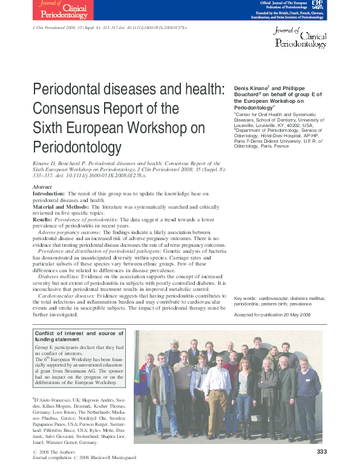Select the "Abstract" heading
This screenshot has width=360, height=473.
tap(42, 187)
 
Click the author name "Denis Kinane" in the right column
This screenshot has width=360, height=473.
tap(251, 88)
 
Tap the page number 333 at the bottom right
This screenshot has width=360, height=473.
tap(322, 452)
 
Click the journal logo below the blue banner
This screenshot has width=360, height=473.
tap(301, 38)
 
